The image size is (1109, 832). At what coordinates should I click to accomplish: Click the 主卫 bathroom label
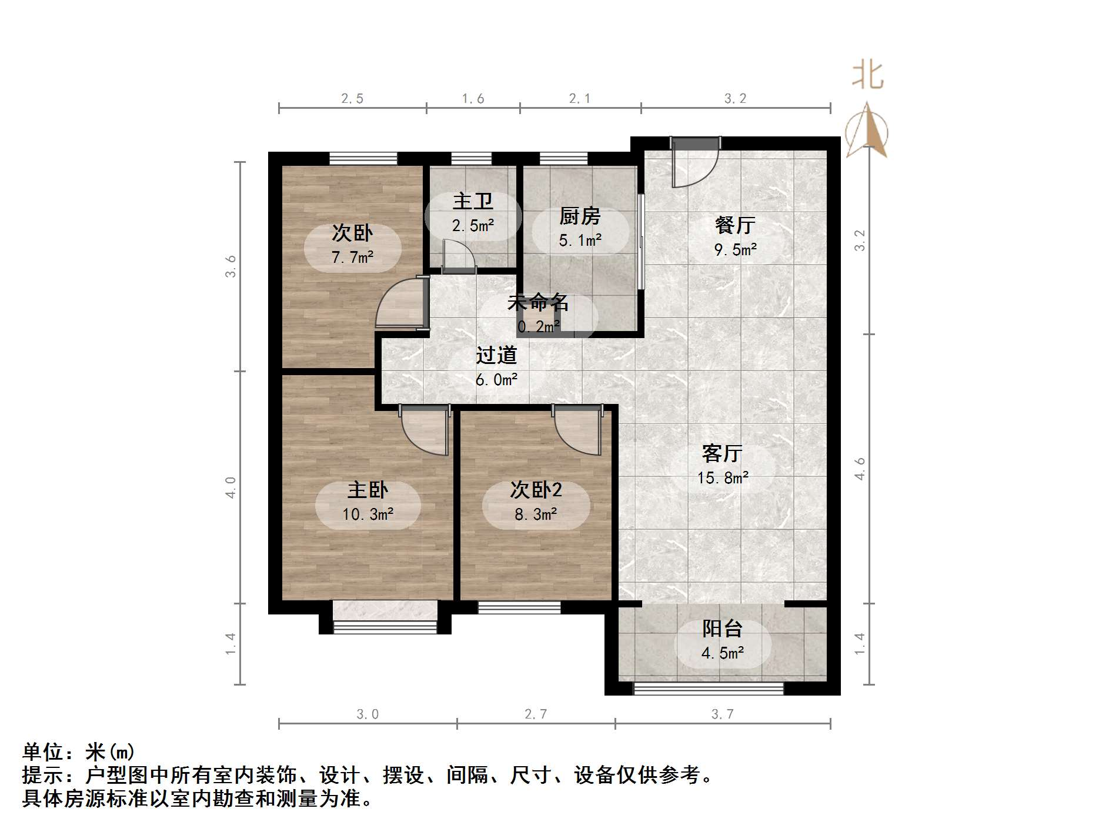click(473, 202)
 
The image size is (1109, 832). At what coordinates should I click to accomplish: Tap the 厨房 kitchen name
click(580, 216)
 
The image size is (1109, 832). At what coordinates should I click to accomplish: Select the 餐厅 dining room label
click(735, 225)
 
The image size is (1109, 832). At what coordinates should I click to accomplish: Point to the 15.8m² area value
click(723, 478)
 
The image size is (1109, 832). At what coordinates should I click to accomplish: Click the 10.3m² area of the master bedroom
click(368, 514)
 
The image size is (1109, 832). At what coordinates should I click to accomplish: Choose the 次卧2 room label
click(536, 490)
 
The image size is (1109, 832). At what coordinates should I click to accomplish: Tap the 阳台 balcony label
click(722, 629)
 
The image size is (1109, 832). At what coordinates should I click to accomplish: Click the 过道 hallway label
click(496, 355)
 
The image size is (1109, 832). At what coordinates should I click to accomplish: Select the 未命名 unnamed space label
click(537, 303)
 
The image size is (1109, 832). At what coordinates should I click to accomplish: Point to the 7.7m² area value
click(352, 258)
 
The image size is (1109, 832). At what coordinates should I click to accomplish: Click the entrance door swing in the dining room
click(695, 165)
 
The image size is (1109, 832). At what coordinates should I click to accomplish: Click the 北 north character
click(868, 76)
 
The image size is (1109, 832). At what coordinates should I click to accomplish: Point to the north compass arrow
click(868, 131)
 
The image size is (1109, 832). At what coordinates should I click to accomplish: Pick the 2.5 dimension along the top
click(352, 99)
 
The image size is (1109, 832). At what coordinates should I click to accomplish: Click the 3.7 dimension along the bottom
click(723, 714)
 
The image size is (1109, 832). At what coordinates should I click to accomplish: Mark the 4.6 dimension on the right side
click(860, 469)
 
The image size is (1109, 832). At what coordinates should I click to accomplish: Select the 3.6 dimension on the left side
click(231, 266)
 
